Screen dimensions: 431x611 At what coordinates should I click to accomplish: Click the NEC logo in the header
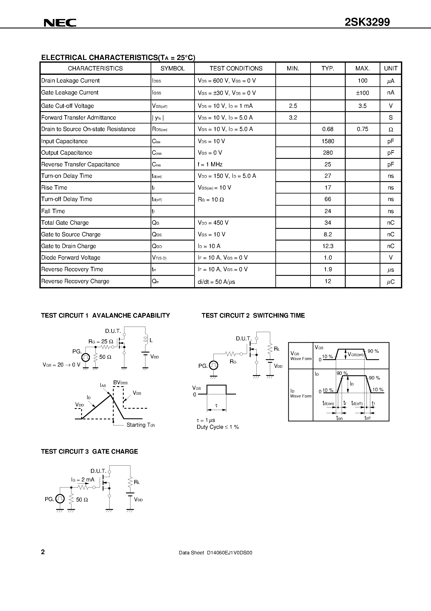(60, 23)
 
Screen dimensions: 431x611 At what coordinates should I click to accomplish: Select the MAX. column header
(362, 68)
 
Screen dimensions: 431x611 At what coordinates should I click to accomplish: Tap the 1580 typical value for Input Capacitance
(328, 141)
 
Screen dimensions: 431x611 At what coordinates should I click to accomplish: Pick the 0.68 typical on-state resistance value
(328, 129)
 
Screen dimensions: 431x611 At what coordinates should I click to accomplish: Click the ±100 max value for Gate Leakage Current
(362, 93)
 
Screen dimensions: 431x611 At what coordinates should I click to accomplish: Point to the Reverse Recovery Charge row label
(75, 281)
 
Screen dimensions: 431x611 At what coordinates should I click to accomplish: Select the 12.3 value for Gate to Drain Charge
(328, 246)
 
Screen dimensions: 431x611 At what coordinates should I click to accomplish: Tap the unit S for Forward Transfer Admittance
(391, 118)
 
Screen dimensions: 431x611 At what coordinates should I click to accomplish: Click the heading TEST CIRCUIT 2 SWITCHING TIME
(253, 316)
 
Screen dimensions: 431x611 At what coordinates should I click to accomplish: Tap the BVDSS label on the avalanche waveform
(120, 383)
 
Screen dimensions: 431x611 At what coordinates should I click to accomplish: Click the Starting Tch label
(141, 425)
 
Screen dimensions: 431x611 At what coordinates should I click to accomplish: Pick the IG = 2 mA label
(83, 480)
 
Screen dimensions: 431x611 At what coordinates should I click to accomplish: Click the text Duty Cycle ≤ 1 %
(218, 427)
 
